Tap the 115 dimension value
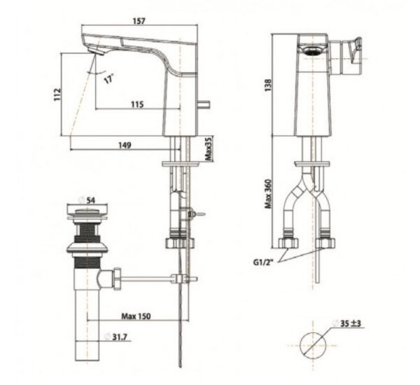[x=136, y=104]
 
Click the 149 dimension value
[x=126, y=145]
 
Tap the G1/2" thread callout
[x=267, y=263]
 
